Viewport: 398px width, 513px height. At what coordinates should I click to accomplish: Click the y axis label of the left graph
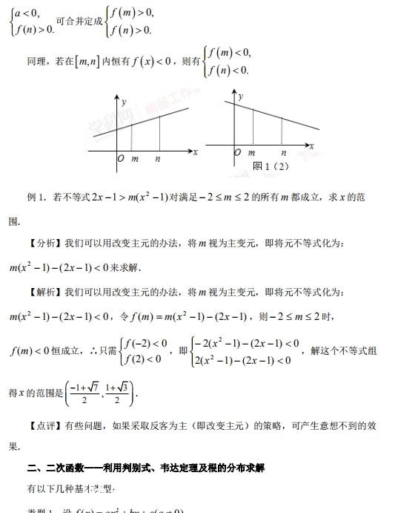pos(124,100)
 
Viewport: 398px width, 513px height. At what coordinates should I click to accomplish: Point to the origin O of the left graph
pos(120,159)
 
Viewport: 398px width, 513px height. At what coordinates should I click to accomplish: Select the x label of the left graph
pos(196,152)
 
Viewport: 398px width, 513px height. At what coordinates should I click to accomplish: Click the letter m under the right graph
pos(251,152)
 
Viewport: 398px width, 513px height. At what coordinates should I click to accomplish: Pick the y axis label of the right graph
pos(241,97)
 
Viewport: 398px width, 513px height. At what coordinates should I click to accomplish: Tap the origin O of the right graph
pos(237,152)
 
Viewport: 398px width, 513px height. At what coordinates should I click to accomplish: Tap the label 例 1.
pos(36,197)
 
